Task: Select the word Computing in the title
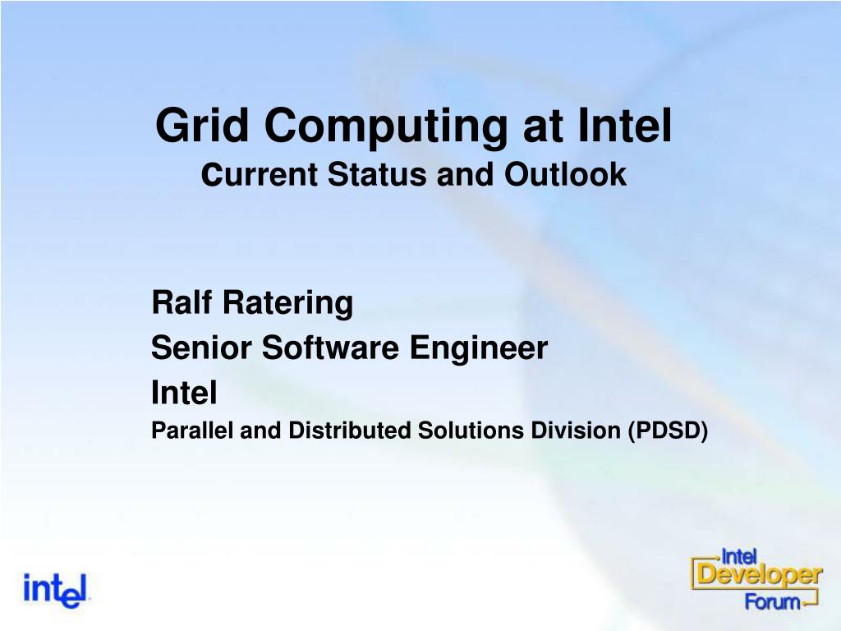pos(386,127)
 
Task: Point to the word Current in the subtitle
pos(260,174)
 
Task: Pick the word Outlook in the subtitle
pos(565,174)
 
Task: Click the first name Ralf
pos(182,302)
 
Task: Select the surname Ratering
pos(288,304)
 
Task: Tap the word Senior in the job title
pos(201,348)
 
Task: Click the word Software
pos(330,348)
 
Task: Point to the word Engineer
pos(479,349)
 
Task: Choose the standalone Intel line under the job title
pos(184,392)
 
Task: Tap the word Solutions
pos(471,431)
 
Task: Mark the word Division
pos(576,431)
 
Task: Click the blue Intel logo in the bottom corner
pos(55,590)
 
